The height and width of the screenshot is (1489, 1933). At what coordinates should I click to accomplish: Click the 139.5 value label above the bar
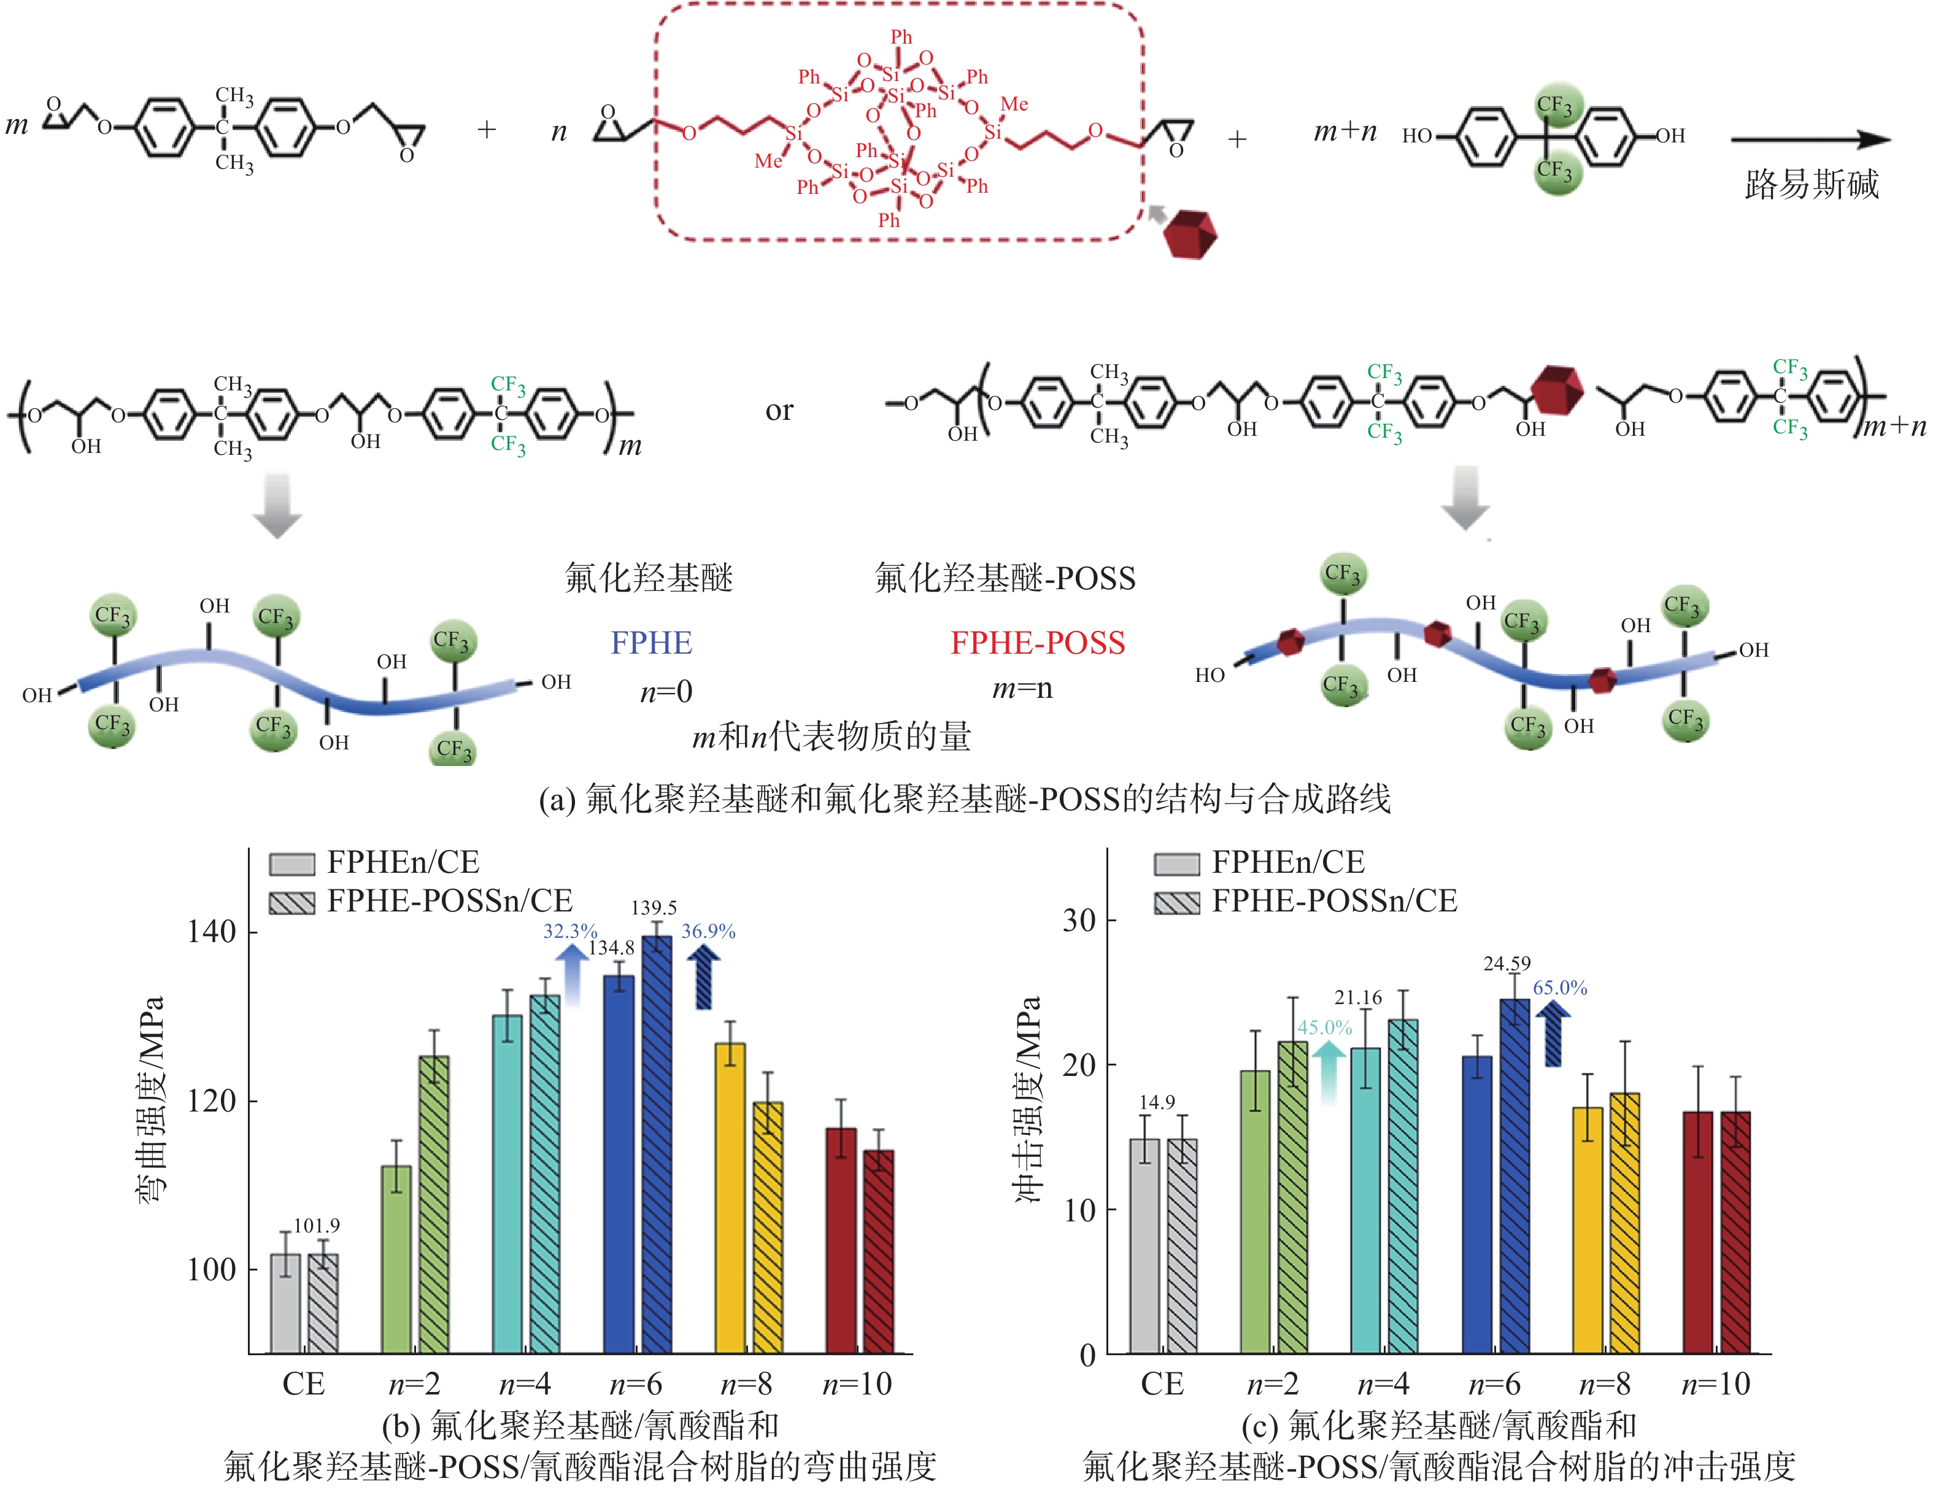pos(654,907)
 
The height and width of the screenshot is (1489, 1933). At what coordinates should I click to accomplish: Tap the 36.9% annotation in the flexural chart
pos(708,931)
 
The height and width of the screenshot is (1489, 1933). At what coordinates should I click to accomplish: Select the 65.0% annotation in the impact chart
pos(1561,988)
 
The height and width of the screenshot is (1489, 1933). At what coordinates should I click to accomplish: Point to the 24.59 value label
pos(1507,963)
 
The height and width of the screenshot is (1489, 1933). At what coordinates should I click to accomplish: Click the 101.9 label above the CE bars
pos(316,1226)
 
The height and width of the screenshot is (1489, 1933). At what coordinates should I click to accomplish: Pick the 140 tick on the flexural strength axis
pos(212,932)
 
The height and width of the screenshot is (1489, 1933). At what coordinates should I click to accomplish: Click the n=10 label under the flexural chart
pos(858,1383)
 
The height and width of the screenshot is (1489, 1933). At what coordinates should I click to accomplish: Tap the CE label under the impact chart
pos(1162,1383)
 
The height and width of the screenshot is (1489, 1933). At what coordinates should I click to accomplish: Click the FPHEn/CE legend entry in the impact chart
pos(1259,862)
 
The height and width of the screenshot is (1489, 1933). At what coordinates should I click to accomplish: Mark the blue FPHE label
pos(652,643)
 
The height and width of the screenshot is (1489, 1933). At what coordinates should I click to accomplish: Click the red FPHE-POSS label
pos(1037,643)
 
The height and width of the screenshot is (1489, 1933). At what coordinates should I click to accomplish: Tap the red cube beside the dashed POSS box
pos(1190,234)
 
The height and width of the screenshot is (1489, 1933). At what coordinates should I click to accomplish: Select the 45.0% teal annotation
pos(1325,1028)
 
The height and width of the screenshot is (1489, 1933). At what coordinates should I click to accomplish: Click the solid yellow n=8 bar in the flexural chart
pos(730,1199)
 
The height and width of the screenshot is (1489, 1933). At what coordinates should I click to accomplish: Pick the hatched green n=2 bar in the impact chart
pos(1293,1197)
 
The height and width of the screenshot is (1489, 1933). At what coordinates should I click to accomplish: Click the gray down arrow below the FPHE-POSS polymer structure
pos(1465,498)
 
